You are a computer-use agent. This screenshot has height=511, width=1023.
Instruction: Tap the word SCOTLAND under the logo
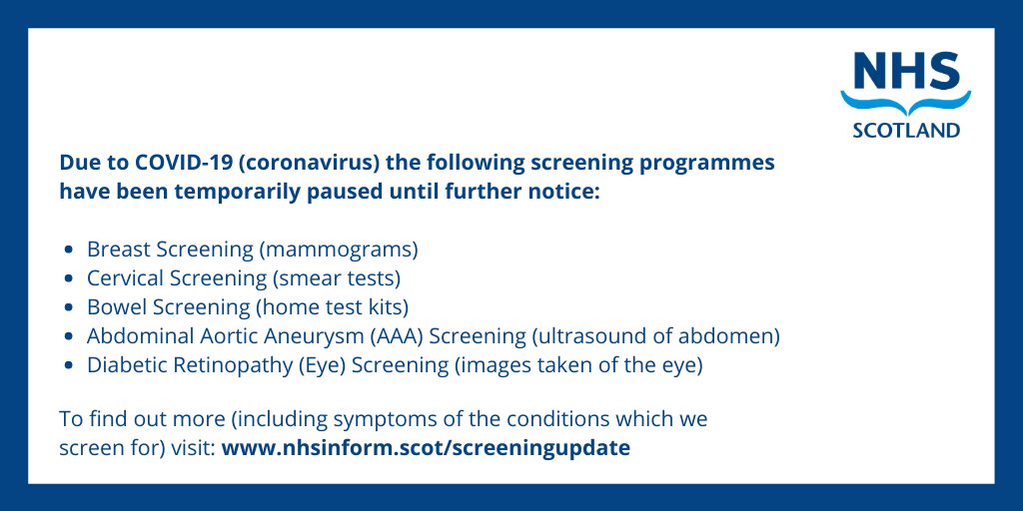[x=905, y=130]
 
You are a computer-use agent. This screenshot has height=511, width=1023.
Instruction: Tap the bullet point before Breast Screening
[x=68, y=250]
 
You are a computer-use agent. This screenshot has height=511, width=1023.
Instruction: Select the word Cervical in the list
[x=123, y=277]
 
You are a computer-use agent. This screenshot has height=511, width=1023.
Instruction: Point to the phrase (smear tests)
[x=336, y=277]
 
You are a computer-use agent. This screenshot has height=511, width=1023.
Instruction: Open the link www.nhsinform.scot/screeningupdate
[x=426, y=447]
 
